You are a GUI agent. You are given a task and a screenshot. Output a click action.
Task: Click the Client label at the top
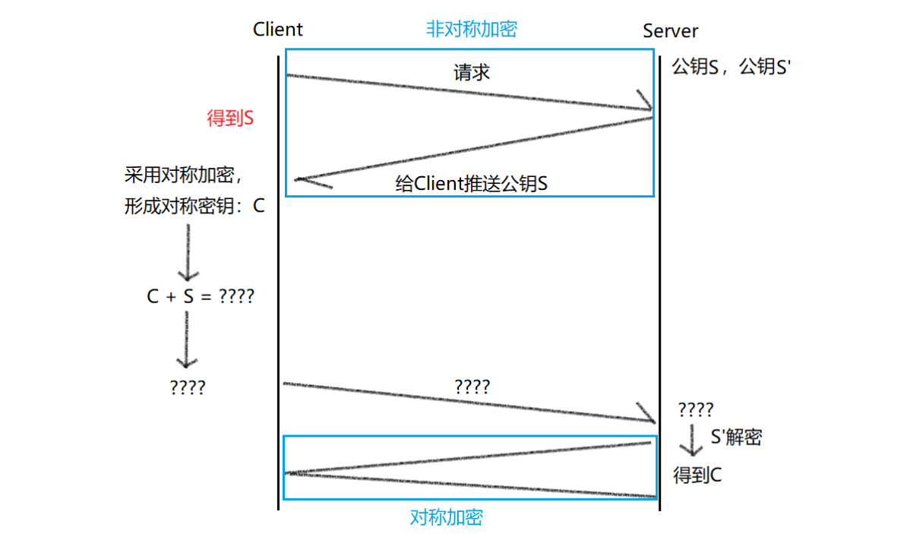(277, 30)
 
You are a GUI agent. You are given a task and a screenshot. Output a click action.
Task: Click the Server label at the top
(670, 31)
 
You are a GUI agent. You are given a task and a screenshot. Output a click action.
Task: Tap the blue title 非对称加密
(471, 30)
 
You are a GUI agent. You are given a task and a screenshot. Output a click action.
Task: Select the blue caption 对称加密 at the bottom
(447, 518)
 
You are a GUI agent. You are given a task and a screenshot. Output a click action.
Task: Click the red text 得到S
(230, 118)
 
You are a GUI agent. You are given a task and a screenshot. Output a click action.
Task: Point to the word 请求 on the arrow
(472, 73)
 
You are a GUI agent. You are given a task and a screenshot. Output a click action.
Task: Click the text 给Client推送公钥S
(472, 185)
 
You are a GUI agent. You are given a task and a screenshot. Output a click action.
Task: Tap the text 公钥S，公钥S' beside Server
(732, 67)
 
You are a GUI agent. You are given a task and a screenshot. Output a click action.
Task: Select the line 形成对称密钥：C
(194, 206)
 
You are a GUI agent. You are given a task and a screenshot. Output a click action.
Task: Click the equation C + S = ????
(200, 296)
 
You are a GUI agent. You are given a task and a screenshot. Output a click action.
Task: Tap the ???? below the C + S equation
(188, 387)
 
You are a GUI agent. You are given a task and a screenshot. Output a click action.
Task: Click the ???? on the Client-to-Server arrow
(472, 386)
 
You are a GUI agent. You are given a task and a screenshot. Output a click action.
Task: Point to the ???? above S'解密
(695, 410)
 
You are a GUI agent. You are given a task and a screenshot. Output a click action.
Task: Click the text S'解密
(735, 437)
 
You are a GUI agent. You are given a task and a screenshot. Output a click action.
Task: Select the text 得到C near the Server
(697, 476)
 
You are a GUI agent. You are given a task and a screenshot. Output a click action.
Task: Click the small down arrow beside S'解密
(692, 440)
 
